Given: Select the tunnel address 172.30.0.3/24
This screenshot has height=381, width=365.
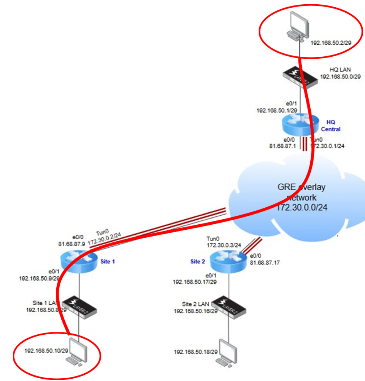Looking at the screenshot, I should point(224,245).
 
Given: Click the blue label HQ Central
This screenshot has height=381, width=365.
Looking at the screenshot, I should point(330,125).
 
